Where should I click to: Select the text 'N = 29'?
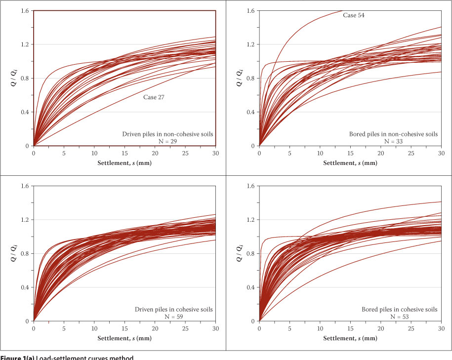coord(168,141)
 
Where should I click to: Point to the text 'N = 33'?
coord(394,141)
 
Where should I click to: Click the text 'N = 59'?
coord(168,317)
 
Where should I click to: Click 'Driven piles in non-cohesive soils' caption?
coord(168,134)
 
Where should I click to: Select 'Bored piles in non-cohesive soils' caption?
coord(394,134)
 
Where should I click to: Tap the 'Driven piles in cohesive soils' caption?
coord(173,310)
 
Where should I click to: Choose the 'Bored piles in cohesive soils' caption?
coord(399,310)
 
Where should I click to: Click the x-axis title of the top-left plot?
coord(124,163)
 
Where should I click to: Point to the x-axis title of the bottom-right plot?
coord(350,338)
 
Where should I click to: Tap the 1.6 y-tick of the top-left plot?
coord(25,10)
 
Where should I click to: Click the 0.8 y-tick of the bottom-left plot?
coord(25,253)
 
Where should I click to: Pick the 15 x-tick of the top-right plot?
coord(350,153)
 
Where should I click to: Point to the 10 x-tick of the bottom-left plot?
coord(94,328)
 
